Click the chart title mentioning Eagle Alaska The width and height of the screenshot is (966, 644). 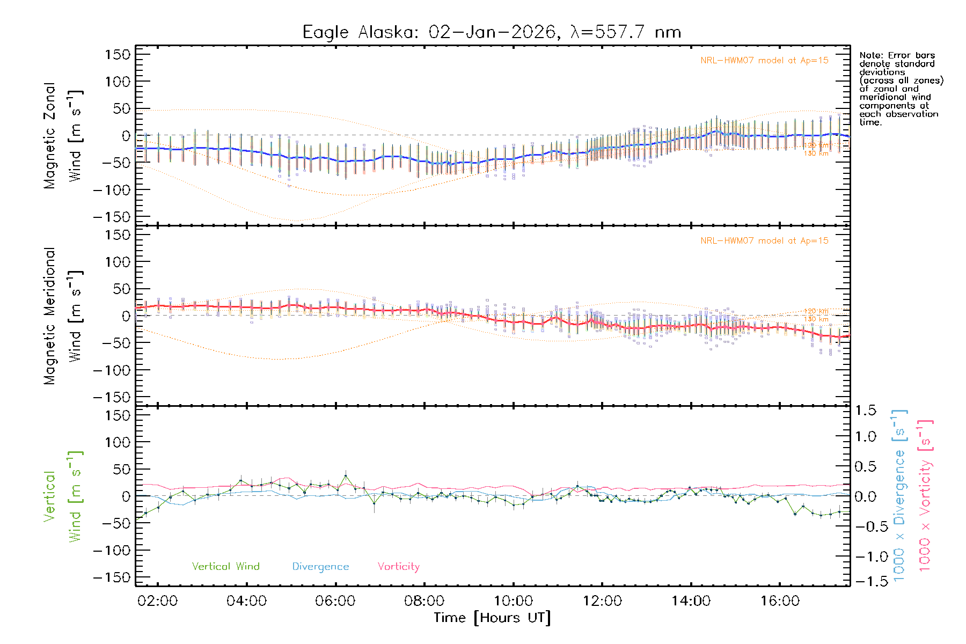tap(492, 32)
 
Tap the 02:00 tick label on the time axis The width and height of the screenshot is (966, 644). tap(157, 601)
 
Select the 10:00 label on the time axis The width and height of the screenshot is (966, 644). tap(513, 601)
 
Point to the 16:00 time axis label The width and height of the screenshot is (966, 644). tap(779, 601)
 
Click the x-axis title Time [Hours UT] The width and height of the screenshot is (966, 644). tap(492, 618)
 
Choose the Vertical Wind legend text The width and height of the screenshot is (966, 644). tap(225, 567)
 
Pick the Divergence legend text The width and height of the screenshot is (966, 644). tap(320, 567)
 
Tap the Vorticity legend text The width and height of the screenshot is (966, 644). tap(398, 567)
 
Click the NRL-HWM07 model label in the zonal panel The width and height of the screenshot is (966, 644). tap(764, 61)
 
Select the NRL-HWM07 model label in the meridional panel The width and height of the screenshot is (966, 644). tap(764, 241)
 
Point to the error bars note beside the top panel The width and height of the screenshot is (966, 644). tap(901, 89)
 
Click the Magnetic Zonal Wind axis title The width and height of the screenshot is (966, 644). tap(63, 135)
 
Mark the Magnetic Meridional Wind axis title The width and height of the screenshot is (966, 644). tap(63, 316)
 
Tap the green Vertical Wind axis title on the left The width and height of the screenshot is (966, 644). tap(63, 496)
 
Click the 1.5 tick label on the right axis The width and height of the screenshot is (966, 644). tap(865, 411)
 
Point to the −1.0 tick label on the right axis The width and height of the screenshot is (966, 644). tap(865, 557)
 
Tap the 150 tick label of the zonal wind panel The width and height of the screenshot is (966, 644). tap(118, 54)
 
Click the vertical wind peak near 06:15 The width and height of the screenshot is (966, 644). tap(346, 476)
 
